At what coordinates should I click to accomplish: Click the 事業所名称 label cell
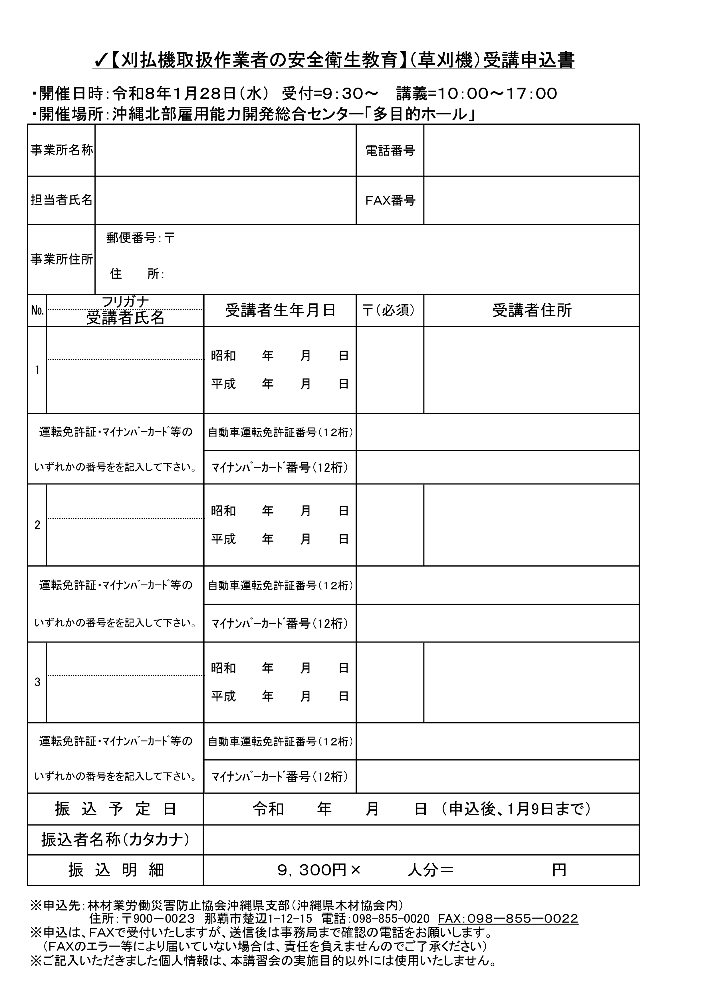click(x=62, y=150)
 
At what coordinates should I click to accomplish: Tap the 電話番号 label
click(x=390, y=151)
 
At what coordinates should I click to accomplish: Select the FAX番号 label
click(x=390, y=201)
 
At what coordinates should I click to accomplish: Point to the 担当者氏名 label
click(x=62, y=200)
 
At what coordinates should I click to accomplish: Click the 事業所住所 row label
click(x=62, y=259)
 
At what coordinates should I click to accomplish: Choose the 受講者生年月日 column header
click(x=280, y=310)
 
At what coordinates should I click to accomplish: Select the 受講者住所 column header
click(x=532, y=310)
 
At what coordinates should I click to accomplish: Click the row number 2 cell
click(x=37, y=525)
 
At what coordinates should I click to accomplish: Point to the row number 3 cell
click(x=37, y=682)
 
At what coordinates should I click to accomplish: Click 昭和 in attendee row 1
click(x=223, y=356)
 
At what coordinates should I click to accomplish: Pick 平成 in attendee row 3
click(x=223, y=696)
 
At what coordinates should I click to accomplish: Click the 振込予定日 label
click(x=116, y=809)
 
